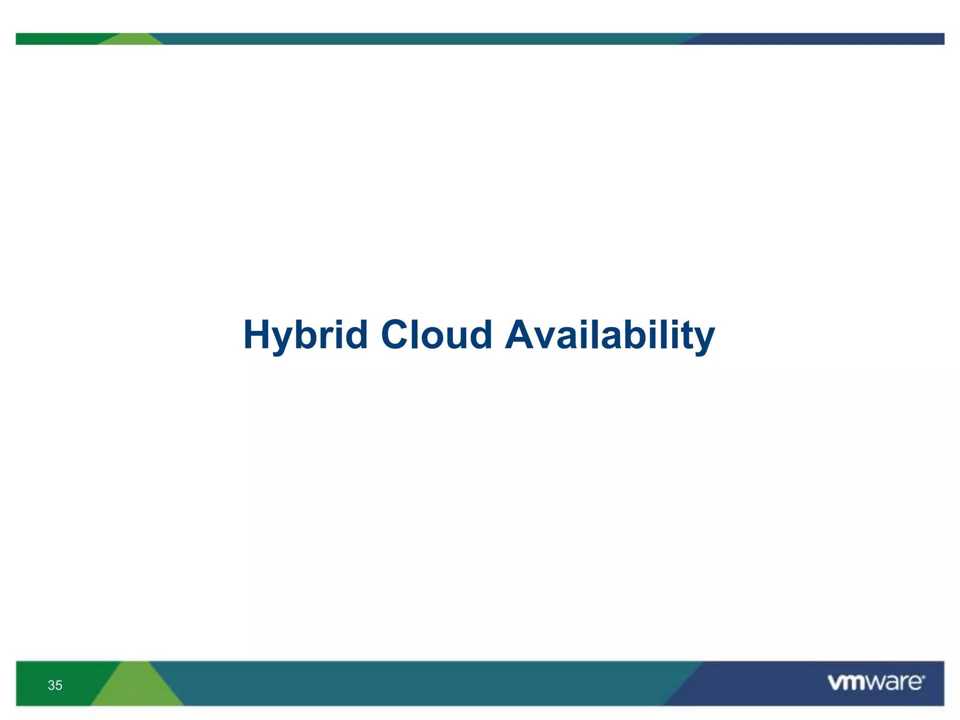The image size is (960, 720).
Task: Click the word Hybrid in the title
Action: click(305, 335)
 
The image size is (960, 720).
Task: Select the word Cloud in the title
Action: click(436, 335)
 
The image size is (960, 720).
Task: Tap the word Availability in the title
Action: click(610, 335)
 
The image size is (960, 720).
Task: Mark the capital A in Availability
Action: click(520, 335)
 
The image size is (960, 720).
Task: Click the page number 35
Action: click(55, 685)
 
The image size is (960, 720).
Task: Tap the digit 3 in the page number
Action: click(51, 685)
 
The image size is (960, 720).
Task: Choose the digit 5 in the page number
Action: click(59, 685)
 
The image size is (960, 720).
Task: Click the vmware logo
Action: click(876, 682)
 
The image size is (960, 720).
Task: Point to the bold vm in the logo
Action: click(846, 682)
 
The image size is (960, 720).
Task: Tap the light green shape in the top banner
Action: click(132, 40)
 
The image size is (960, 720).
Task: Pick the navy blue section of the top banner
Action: click(820, 39)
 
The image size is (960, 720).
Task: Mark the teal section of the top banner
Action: click(422, 39)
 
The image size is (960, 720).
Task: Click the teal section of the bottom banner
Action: click(422, 683)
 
